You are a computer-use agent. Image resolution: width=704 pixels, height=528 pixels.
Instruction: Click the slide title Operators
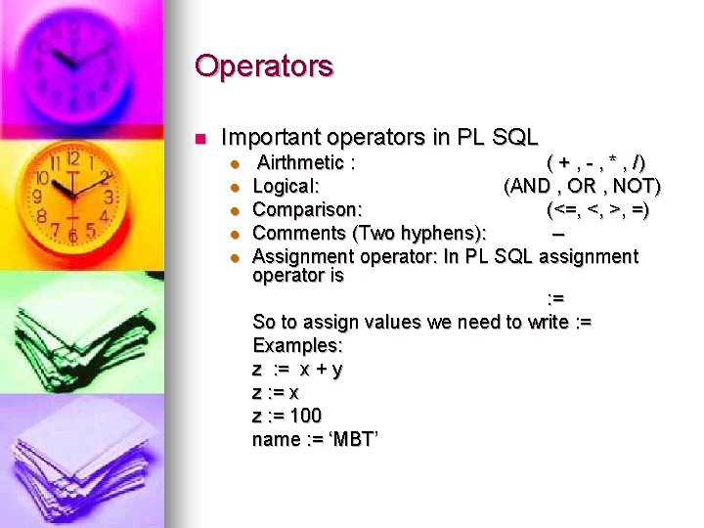click(x=264, y=66)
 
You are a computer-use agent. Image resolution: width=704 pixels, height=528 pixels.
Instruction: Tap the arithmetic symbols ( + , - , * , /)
click(x=596, y=162)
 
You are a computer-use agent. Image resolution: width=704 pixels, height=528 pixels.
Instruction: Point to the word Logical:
click(x=287, y=186)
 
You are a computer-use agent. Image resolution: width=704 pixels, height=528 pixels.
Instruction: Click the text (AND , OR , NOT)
click(x=582, y=186)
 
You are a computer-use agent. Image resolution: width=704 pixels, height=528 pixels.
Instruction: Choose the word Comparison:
click(x=308, y=209)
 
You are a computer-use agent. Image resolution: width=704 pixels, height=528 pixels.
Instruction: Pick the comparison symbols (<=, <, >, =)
click(x=597, y=209)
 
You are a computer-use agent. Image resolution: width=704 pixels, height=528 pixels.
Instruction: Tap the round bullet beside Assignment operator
click(x=234, y=257)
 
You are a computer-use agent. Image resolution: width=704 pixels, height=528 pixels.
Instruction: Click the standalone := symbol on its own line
click(x=554, y=298)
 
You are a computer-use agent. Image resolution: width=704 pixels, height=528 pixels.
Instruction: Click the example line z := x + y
click(x=297, y=370)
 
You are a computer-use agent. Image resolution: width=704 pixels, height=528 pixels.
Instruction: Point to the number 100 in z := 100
click(x=306, y=417)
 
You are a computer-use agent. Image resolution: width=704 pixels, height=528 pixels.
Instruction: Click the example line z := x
click(x=276, y=393)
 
